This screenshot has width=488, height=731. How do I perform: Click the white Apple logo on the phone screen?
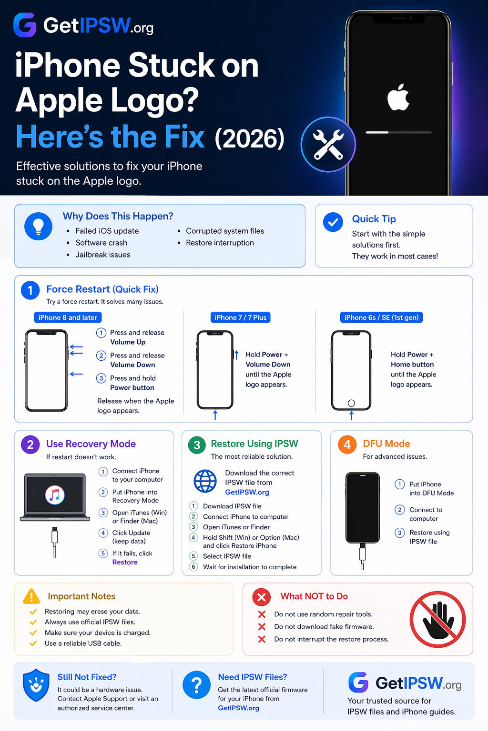pyautogui.click(x=398, y=97)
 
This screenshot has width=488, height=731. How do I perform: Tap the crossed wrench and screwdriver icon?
pyautogui.click(x=328, y=145)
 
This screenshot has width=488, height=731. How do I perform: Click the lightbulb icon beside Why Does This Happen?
pyautogui.click(x=38, y=226)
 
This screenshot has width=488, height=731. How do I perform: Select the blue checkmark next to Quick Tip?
pyautogui.click(x=333, y=222)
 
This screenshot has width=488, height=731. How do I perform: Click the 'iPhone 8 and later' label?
pyautogui.click(x=68, y=317)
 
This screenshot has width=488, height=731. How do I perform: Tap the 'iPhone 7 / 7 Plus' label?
pyautogui.click(x=240, y=317)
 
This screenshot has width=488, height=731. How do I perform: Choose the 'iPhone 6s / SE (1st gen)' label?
pyautogui.click(x=381, y=317)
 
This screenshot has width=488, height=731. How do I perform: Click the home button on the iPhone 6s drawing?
pyautogui.click(x=351, y=403)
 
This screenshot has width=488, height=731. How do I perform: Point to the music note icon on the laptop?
pyautogui.click(x=55, y=495)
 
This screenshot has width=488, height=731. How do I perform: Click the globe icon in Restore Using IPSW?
pyautogui.click(x=205, y=481)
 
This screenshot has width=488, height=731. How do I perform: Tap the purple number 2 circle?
pyautogui.click(x=30, y=445)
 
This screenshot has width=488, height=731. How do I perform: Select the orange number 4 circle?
pyautogui.click(x=347, y=445)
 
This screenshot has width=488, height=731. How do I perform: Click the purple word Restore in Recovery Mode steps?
pyautogui.click(x=125, y=562)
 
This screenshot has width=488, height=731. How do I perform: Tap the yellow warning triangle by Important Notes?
pyautogui.click(x=31, y=596)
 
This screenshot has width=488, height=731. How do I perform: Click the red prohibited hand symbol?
pyautogui.click(x=437, y=619)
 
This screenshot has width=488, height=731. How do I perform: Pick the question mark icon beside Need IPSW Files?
pyautogui.click(x=196, y=685)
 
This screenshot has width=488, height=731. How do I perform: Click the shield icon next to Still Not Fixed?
pyautogui.click(x=36, y=685)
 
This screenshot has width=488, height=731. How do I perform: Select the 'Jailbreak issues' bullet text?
pyautogui.click(x=103, y=255)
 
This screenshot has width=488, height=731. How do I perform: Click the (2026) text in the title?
pyautogui.click(x=250, y=138)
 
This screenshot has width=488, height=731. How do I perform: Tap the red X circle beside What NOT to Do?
pyautogui.click(x=262, y=596)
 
